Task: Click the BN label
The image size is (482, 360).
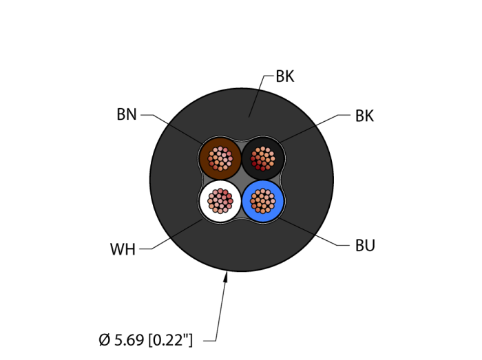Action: pyautogui.click(x=127, y=115)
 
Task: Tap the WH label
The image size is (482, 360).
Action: pyautogui.click(x=123, y=249)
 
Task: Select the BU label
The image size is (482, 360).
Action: pyautogui.click(x=365, y=246)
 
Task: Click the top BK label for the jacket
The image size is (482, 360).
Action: pyautogui.click(x=284, y=76)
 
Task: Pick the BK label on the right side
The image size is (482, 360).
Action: pyautogui.click(x=364, y=116)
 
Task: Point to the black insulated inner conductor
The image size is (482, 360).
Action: pyautogui.click(x=277, y=149)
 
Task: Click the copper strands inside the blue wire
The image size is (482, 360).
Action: pyautogui.click(x=262, y=200)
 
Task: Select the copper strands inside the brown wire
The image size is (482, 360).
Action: pyautogui.click(x=220, y=158)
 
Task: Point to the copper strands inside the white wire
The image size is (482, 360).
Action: pyautogui.click(x=220, y=200)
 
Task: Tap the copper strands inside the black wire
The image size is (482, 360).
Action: pyautogui.click(x=262, y=158)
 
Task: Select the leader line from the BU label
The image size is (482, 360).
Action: pyautogui.click(x=310, y=233)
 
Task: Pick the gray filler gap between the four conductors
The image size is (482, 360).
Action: pyautogui.click(x=241, y=180)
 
